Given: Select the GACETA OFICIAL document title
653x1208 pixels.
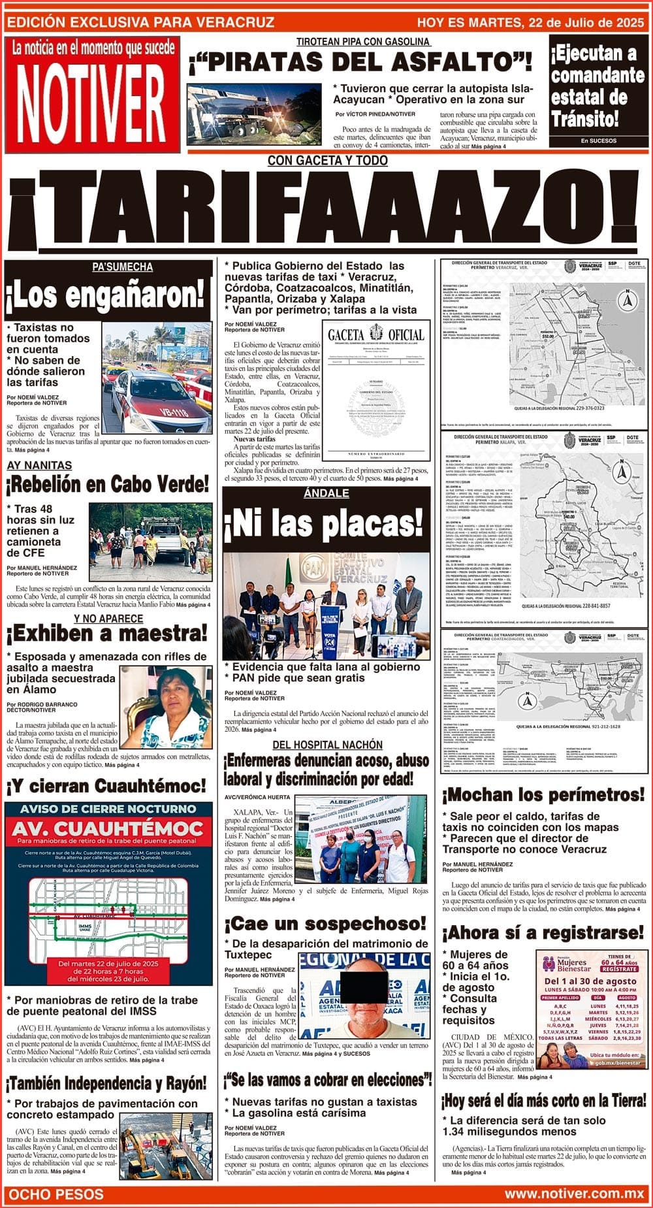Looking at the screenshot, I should click(375, 335).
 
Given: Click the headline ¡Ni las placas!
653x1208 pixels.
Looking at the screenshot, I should click(325, 523).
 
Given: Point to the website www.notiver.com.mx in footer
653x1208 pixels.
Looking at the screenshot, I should click(574, 1194).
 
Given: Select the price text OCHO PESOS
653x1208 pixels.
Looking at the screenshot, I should click(56, 1194).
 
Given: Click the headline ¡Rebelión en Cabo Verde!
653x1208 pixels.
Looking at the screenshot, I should click(108, 485).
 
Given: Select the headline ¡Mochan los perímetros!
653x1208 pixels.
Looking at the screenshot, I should click(543, 795).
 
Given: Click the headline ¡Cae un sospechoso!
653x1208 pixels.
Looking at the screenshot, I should click(325, 924).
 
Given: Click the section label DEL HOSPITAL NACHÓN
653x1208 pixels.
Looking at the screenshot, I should click(327, 745).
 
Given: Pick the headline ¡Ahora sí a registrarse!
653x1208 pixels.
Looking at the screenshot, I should click(543, 932).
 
